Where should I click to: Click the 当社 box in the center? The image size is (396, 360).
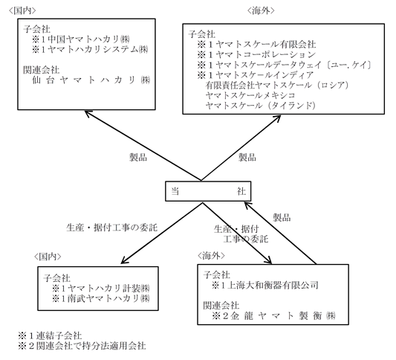pos(208,191)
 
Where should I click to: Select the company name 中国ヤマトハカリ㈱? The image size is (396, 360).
pos(89,39)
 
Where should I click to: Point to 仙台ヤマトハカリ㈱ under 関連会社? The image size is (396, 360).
pos(91,80)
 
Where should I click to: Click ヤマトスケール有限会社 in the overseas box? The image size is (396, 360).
pos(266,45)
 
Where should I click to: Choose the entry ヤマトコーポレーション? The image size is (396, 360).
pos(266,54)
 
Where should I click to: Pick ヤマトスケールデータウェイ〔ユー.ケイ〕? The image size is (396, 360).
pos(294,65)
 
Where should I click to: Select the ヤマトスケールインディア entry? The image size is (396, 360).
pos(265,75)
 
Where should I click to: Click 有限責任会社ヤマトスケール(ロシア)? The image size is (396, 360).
pos(277,86)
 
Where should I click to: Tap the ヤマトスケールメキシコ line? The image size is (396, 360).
pos(250,95)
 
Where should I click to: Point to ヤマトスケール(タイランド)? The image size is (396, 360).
pos(261,106)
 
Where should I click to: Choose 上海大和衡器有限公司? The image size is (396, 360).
pos(273,286)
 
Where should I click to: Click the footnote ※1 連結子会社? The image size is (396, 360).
pos(50,335)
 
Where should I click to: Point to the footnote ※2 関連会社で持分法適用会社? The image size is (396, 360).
pos(82,346)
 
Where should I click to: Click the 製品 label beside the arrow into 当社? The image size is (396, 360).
pos(282,217)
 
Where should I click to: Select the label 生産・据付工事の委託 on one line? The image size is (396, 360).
pos(112,228)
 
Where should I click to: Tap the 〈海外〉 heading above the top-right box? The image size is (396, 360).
pos(260,10)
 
